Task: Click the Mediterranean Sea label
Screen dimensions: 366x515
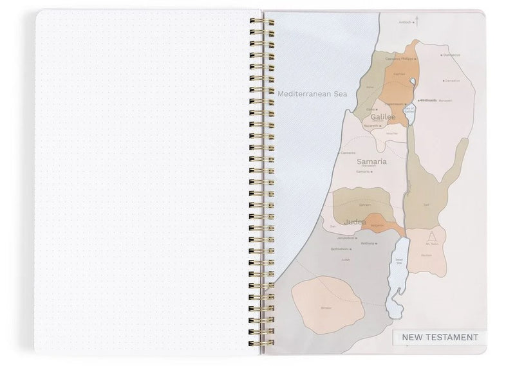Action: pyautogui.click(x=312, y=94)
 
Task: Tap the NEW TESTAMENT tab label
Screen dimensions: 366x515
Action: pyautogui.click(x=440, y=337)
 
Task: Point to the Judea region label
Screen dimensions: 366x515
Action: pyautogui.click(x=355, y=222)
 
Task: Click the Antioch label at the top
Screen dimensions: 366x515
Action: pyautogui.click(x=406, y=22)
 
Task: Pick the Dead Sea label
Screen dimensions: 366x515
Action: pyautogui.click(x=398, y=261)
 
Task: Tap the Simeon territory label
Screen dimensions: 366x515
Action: pyautogui.click(x=326, y=307)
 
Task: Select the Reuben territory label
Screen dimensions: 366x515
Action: pyautogui.click(x=426, y=255)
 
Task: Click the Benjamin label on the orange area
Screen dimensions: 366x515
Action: pyautogui.click(x=377, y=225)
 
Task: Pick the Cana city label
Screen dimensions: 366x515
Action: pyautogui.click(x=370, y=109)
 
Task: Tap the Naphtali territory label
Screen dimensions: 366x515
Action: pyautogui.click(x=399, y=74)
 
